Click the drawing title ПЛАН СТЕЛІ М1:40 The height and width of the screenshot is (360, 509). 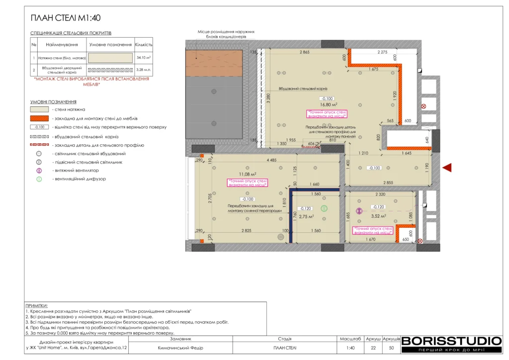tap(66, 18)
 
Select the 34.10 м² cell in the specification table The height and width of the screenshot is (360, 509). tap(144, 58)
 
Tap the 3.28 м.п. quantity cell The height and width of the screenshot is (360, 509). tap(144, 70)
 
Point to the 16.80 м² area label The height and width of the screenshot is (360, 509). tap(329, 104)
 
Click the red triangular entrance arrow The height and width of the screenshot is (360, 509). tap(447, 168)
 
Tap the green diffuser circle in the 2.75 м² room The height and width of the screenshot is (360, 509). tap(324, 208)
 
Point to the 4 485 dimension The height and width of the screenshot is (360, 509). tap(257, 160)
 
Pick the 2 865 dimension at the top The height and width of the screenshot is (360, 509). tap(304, 52)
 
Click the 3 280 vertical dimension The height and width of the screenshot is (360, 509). tap(268, 97)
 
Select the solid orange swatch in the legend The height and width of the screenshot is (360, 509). tap(39, 118)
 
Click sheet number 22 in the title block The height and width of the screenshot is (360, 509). tap(373, 348)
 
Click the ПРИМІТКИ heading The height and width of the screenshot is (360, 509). tap(36, 305)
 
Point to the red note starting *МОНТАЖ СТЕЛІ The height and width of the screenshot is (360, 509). tap(91, 82)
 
